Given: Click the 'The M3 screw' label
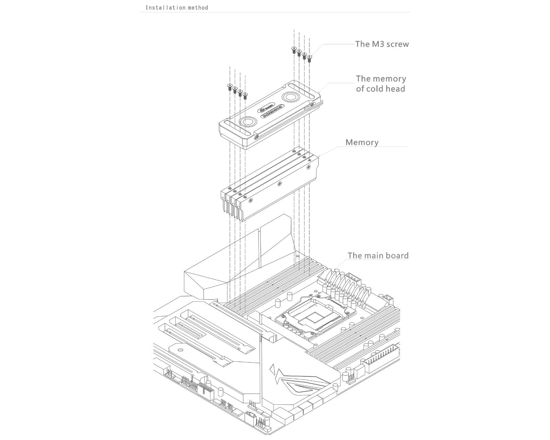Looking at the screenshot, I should coord(382,44).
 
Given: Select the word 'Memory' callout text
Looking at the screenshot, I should coord(362,142).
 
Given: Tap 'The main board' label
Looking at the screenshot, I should coord(378,255).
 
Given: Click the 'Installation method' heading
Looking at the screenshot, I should coord(177,7).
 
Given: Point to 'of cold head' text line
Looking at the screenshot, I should coord(380,89).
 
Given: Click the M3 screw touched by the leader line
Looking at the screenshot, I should coord(309,58).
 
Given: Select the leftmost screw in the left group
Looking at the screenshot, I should coord(230,87).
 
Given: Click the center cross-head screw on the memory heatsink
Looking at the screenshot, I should coord(279,184).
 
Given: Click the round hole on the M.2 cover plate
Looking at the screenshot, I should coord(180,350).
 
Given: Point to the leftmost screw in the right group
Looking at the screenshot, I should coord(294,49).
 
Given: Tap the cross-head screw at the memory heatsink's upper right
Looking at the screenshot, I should coord(308,167).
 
